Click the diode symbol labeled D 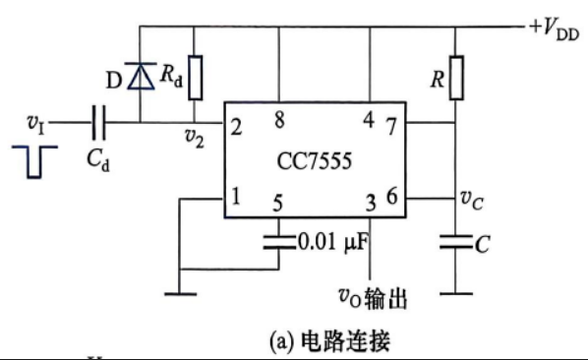coord(141,76)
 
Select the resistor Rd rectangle coord(195,78)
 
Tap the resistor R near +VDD coord(456,78)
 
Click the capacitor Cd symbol coord(99,122)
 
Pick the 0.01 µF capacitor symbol coord(279,242)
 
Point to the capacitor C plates coord(456,242)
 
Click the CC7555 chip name coord(315,161)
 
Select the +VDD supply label coord(555,29)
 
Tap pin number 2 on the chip coord(236,128)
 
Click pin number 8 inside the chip coord(279,120)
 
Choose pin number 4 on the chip coord(369,120)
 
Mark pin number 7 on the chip coord(391,126)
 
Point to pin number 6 coord(392,197)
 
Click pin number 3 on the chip coord(371,204)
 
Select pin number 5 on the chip coord(277,204)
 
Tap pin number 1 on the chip coord(236,196)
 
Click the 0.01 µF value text coord(333,242)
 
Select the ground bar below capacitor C coord(456,294)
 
